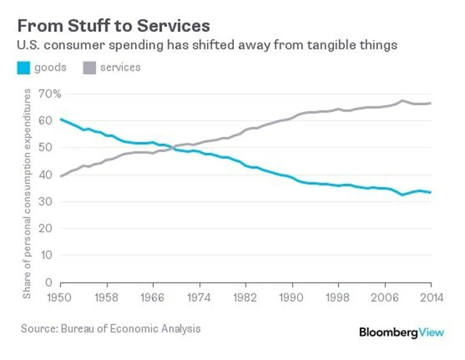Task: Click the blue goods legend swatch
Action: (x=25, y=68)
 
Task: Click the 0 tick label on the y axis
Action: (x=48, y=282)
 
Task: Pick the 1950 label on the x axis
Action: (x=61, y=297)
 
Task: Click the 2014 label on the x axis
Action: (x=431, y=297)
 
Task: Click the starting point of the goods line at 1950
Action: (x=61, y=119)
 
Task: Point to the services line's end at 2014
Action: (x=431, y=103)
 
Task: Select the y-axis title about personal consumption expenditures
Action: (x=28, y=193)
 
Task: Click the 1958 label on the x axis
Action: (x=108, y=297)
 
